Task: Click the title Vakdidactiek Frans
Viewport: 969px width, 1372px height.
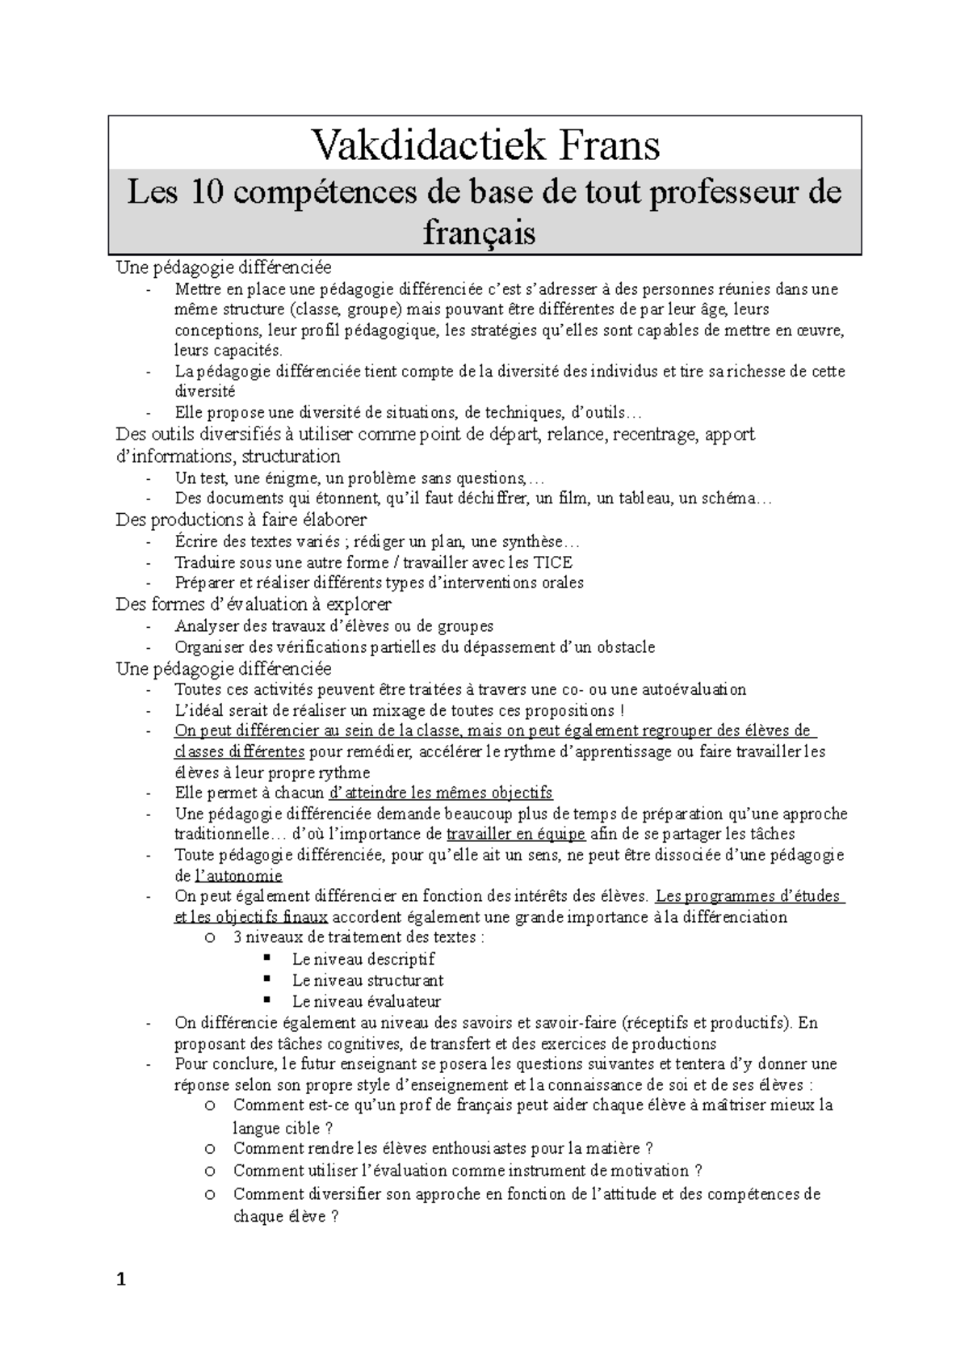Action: pos(485,145)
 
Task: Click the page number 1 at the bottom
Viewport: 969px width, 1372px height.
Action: pos(122,1279)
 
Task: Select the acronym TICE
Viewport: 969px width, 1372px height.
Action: pos(553,562)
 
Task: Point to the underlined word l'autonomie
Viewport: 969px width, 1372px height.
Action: pos(239,876)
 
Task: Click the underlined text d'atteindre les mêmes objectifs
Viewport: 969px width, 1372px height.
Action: pos(443,793)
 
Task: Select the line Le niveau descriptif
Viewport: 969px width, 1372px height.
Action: pos(363,959)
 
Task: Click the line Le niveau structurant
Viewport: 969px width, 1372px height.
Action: pos(367,980)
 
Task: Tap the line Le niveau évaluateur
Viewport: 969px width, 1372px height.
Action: pos(367,1001)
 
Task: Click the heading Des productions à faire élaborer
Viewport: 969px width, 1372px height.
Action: pos(241,520)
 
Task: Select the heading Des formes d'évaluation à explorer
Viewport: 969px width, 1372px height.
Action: pos(254,604)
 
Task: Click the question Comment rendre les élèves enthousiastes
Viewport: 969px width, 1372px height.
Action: pos(443,1148)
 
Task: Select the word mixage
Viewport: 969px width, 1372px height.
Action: pos(437,710)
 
